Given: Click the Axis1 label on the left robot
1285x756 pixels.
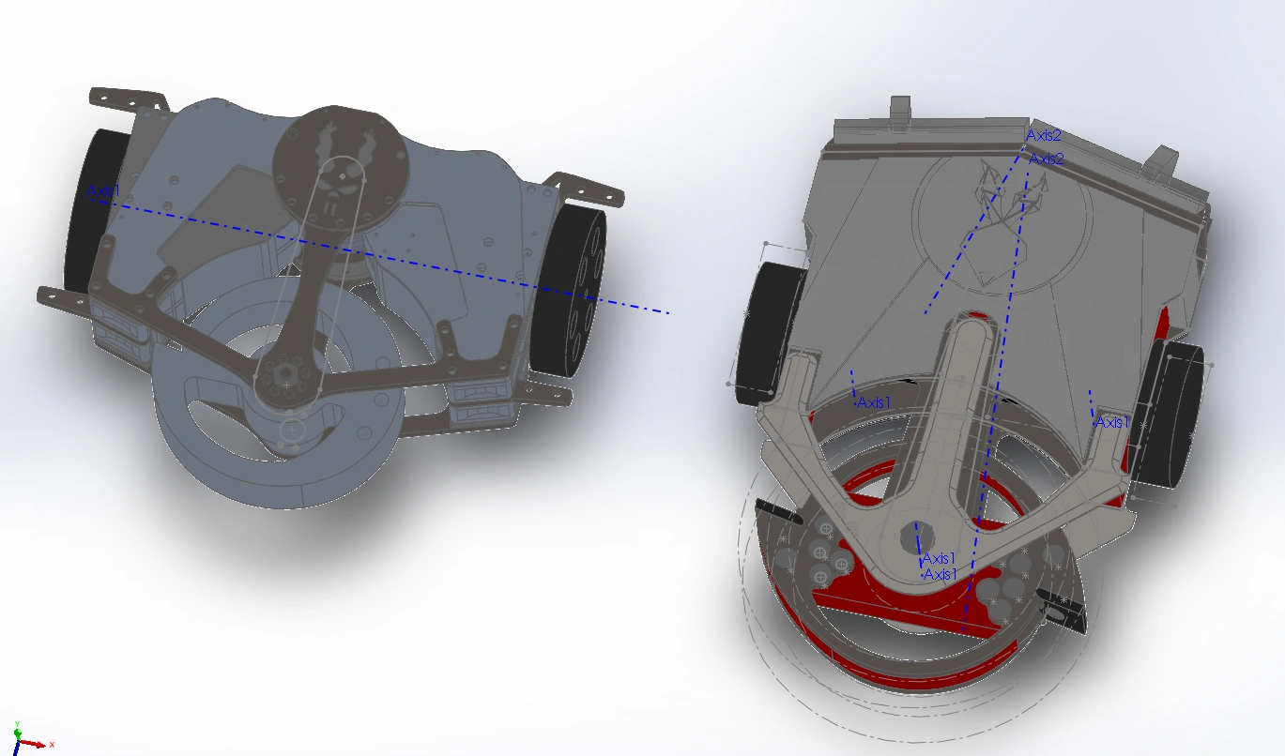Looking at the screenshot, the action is click(x=103, y=190).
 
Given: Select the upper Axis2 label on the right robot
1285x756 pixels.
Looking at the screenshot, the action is click(x=1044, y=136).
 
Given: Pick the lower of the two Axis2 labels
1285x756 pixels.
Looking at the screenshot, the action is click(x=1047, y=159).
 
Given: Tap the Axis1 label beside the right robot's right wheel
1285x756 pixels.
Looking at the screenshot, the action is click(x=1112, y=422).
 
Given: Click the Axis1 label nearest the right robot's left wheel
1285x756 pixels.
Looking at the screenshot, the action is click(x=874, y=403).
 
